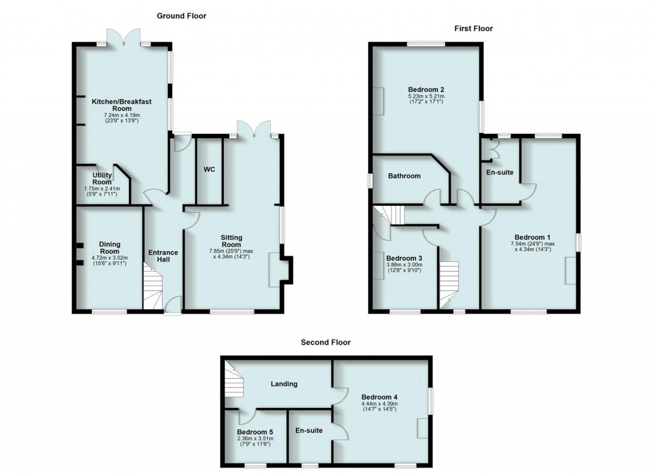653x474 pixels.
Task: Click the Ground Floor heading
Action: (182, 15)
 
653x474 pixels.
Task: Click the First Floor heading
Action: (473, 28)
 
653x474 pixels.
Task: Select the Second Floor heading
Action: (326, 342)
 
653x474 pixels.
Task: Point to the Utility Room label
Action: (102, 178)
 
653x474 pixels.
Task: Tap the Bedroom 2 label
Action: (426, 89)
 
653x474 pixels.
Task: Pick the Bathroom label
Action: (404, 176)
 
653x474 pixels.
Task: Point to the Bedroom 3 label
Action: (404, 257)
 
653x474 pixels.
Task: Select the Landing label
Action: (284, 384)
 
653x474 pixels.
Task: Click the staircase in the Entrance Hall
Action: (153, 291)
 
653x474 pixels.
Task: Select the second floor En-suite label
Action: (309, 431)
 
